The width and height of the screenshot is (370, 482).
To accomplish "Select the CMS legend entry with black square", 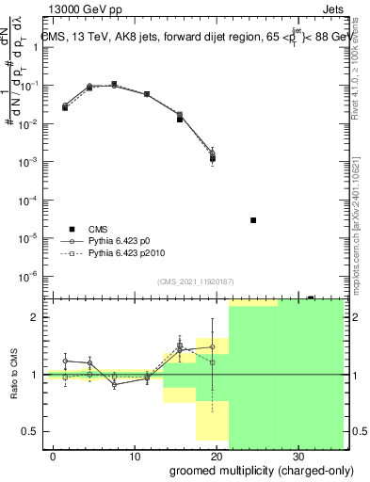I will [x=72, y=229].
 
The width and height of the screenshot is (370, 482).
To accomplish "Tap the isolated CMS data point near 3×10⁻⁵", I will [x=253, y=220].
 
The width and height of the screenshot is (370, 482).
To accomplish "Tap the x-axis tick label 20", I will [x=216, y=456].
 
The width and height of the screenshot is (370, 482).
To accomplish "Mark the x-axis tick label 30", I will [x=297, y=456].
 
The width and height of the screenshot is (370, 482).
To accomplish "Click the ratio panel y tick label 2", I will [x=35, y=317].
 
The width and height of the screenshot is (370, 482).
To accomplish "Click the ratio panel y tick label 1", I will [x=35, y=375].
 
